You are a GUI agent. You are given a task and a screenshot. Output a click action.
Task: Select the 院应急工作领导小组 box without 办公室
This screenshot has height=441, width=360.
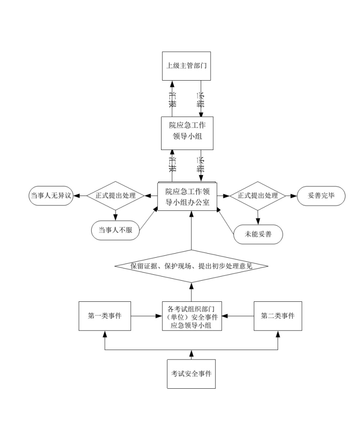[186, 133]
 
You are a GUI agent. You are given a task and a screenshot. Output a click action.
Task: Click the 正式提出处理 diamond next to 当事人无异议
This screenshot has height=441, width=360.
[115, 196]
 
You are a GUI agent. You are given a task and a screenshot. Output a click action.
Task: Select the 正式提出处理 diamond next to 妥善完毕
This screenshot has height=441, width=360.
[258, 196]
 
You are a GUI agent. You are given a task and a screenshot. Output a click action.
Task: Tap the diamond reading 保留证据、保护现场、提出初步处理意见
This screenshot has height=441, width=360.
[191, 266]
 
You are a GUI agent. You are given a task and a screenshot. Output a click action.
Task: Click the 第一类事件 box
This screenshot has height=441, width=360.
[104, 316]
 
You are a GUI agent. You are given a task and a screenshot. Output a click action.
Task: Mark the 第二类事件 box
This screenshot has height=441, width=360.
[278, 316]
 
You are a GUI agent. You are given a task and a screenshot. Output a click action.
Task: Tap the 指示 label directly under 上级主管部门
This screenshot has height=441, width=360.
[201, 100]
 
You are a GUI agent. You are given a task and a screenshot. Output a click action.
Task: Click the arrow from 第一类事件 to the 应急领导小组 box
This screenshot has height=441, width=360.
[146, 316]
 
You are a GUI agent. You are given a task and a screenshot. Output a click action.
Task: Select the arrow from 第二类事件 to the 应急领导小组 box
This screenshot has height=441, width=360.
[238, 316]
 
